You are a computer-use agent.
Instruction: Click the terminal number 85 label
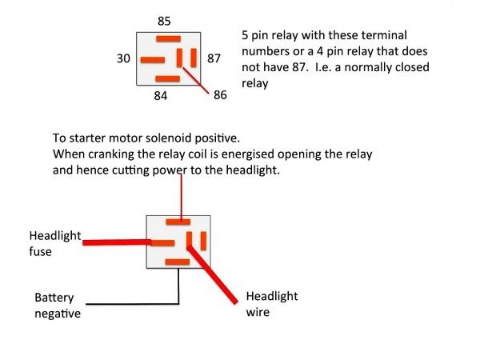click(x=164, y=21)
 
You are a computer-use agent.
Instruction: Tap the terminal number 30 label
click(x=123, y=58)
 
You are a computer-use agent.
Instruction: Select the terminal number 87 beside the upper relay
click(x=214, y=58)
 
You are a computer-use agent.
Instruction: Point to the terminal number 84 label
click(x=161, y=96)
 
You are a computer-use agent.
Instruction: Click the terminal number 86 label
click(x=220, y=95)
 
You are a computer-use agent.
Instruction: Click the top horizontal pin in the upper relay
click(x=168, y=39)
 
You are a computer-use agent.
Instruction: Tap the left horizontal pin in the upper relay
click(x=153, y=60)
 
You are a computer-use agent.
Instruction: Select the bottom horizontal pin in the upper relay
click(x=168, y=79)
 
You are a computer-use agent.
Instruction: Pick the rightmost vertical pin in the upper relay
click(x=194, y=58)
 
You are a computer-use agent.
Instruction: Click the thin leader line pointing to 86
click(x=196, y=81)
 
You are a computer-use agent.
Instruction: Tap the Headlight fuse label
click(x=55, y=244)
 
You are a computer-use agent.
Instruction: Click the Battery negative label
click(x=58, y=306)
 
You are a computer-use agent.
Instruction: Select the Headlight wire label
click(x=272, y=304)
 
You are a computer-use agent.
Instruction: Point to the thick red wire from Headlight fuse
click(x=117, y=242)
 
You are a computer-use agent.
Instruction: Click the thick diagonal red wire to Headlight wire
click(x=213, y=274)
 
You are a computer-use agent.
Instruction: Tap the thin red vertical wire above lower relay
click(x=182, y=198)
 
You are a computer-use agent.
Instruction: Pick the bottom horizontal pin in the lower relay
click(x=178, y=262)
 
